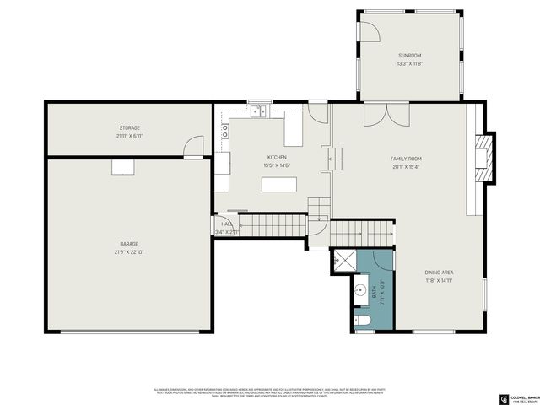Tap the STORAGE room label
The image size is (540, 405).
tap(128, 128)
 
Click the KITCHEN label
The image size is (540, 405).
tap(277, 158)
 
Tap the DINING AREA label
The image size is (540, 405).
tap(439, 273)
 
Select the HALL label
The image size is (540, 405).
tap(226, 224)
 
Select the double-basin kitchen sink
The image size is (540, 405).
tap(258, 111)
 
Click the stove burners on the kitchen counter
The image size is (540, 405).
tap(225, 131)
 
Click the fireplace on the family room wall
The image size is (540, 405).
tap(483, 156)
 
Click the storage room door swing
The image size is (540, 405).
tap(195, 146)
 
